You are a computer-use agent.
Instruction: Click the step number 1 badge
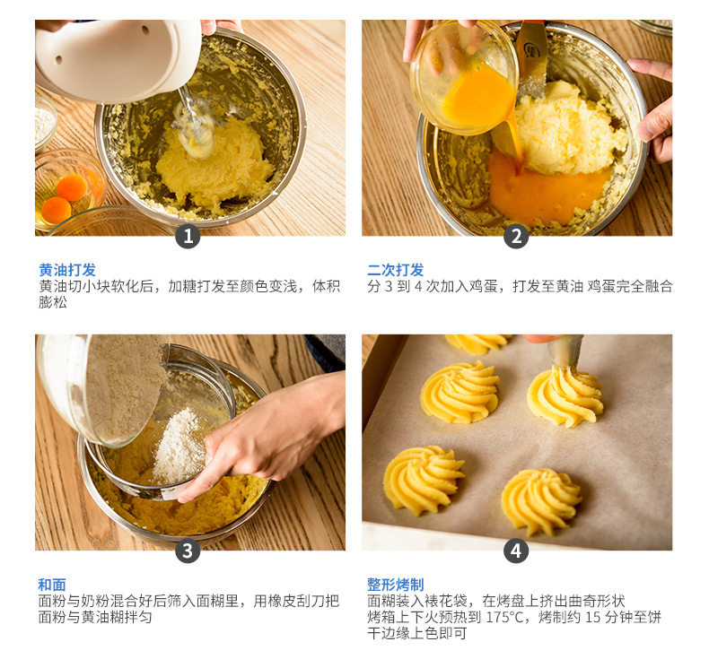(x=188, y=236)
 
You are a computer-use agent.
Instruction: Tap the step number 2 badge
(x=516, y=236)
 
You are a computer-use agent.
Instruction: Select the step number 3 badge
(x=188, y=551)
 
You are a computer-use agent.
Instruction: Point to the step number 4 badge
(x=516, y=551)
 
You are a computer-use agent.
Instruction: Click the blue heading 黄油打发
(x=67, y=270)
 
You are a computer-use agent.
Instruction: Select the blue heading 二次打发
(x=396, y=270)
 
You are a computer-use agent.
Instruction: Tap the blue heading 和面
(x=52, y=585)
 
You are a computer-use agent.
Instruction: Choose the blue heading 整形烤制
(x=396, y=585)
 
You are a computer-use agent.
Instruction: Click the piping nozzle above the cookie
(x=565, y=351)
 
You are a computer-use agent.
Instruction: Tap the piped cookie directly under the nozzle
(x=565, y=396)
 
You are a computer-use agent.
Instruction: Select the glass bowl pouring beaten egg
(x=464, y=77)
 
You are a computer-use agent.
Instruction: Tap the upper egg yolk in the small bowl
(x=73, y=187)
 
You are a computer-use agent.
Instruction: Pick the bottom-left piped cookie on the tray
(x=424, y=480)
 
